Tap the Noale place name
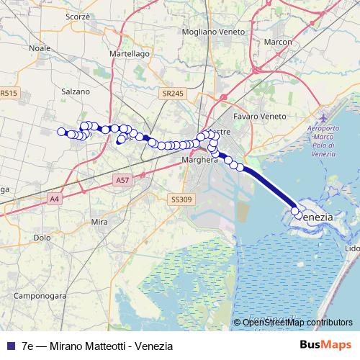click(38, 48)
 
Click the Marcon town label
click(278, 42)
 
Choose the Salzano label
click(76, 91)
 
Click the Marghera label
click(199, 160)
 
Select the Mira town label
click(100, 222)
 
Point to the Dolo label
click(42, 237)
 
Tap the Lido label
click(353, 248)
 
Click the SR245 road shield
click(174, 94)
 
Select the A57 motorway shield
click(122, 184)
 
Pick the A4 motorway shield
click(54, 198)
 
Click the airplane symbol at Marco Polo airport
click(322, 117)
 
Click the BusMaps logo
click(330, 345)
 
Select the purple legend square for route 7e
click(11, 346)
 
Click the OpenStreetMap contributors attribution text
click(297, 322)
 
